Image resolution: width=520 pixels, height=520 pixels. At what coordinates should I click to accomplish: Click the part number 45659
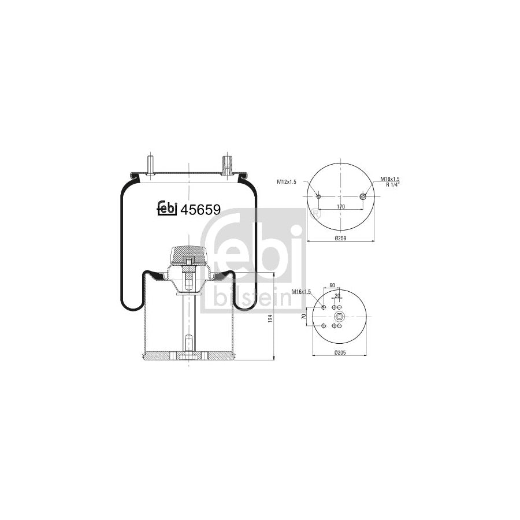point(200,209)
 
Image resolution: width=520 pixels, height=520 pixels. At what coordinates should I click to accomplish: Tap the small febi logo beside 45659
point(168,208)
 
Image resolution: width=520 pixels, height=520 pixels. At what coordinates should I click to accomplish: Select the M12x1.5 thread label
point(287,182)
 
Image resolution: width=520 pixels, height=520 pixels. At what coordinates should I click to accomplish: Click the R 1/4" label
point(393,184)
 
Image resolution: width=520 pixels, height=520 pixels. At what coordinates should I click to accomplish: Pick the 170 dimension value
point(340,207)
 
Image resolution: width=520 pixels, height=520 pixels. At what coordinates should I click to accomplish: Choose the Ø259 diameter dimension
point(340,238)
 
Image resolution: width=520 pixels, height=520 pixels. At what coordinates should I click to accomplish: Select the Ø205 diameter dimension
point(340,352)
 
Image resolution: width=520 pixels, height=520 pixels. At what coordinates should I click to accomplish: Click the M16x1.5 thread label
point(301,292)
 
